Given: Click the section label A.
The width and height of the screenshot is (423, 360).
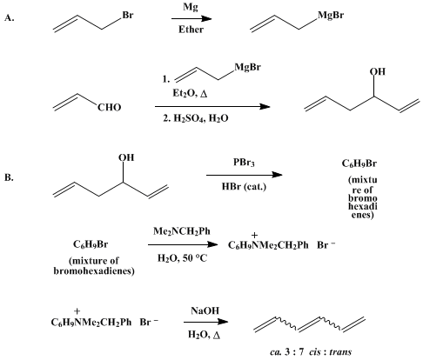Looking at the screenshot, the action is point(9,18).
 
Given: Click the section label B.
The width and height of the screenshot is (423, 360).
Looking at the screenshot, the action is point(9,177).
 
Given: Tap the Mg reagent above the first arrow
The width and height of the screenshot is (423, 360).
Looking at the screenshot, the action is point(191,7).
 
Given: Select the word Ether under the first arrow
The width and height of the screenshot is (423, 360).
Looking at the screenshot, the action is point(191,30).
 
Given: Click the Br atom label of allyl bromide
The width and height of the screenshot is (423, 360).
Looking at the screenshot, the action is point(128,15).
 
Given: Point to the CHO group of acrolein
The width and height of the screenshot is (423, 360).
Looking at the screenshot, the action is point(109,108).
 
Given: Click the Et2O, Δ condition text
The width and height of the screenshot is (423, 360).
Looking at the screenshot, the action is point(190,93).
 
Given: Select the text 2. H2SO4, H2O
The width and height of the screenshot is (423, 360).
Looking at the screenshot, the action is point(196,118).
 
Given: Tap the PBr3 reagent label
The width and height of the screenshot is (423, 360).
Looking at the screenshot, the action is point(244,163).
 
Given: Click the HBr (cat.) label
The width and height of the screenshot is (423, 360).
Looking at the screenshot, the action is point(244,186).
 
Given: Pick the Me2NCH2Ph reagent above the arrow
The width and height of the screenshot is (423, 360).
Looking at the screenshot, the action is point(182,231).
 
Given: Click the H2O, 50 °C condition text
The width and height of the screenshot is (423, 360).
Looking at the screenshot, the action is point(183,257).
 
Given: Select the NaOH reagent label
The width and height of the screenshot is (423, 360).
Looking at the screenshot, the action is point(205,310).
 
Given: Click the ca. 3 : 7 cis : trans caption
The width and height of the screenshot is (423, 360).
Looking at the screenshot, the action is point(311,352).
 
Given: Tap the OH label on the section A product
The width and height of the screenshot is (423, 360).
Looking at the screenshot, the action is point(378,71).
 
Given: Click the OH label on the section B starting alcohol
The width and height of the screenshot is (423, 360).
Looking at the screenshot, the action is point(126,157).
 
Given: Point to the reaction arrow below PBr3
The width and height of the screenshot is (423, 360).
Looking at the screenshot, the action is point(245,175).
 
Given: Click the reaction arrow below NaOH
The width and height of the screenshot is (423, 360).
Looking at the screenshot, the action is point(205,322).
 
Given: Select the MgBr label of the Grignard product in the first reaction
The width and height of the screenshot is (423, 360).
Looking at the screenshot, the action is point(331,15).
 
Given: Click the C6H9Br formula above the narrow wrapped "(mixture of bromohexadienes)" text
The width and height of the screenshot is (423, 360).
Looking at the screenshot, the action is point(359,163).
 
